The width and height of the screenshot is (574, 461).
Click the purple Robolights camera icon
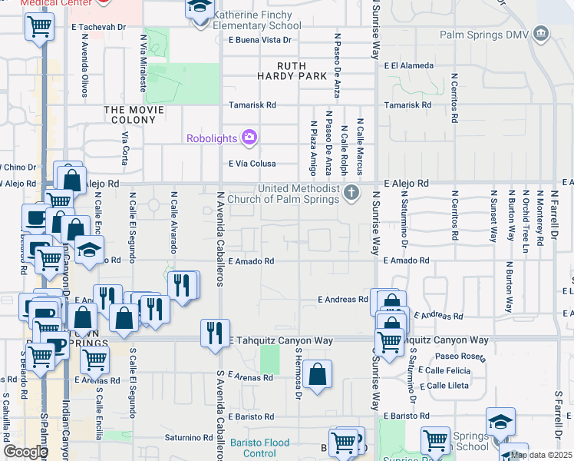249,138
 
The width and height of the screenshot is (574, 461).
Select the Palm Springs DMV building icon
542,34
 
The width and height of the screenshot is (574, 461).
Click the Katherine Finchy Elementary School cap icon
199,8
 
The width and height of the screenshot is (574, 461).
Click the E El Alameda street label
412,65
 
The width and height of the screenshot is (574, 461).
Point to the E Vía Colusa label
252,164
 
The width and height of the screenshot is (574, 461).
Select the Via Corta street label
124,148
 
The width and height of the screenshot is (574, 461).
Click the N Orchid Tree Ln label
525,217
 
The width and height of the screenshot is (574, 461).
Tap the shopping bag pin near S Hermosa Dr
317,376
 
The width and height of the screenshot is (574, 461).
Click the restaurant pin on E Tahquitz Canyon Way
213,333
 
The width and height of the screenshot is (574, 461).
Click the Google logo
25,452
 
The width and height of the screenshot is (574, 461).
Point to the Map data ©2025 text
541,455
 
